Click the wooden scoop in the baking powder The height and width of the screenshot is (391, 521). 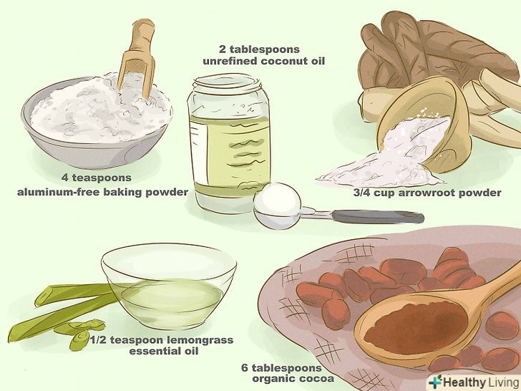coord(138,57)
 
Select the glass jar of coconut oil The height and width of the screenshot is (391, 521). coord(228,143)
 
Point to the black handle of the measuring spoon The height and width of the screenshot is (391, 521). coord(377,217)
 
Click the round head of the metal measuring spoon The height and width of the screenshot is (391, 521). coord(277,207)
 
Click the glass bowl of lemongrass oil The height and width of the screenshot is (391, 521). coord(169,286)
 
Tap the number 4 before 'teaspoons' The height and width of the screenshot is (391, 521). coord(65,178)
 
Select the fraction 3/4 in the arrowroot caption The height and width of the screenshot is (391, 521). coord(362,193)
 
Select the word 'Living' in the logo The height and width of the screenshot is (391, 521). coord(502,382)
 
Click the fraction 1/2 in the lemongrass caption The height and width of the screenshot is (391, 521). coord(98,340)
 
